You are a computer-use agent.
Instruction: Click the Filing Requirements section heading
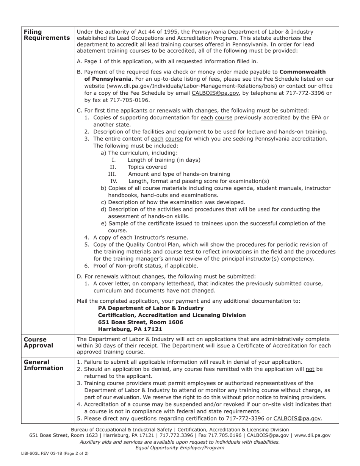coord(46,35)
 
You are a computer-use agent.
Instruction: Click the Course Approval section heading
coord(38,342)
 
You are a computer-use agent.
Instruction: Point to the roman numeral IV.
coord(114,181)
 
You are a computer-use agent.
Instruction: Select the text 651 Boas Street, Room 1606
coord(140,322)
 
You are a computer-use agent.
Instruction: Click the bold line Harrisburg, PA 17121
coord(130,329)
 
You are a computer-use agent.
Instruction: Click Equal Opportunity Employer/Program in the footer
coord(180,448)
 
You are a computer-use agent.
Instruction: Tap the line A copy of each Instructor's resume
coord(141,238)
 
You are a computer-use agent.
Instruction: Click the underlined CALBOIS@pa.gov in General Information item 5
coord(297,419)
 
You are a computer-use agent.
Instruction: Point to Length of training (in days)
coord(164,160)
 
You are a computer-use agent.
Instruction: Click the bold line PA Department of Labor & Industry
coord(150,308)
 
